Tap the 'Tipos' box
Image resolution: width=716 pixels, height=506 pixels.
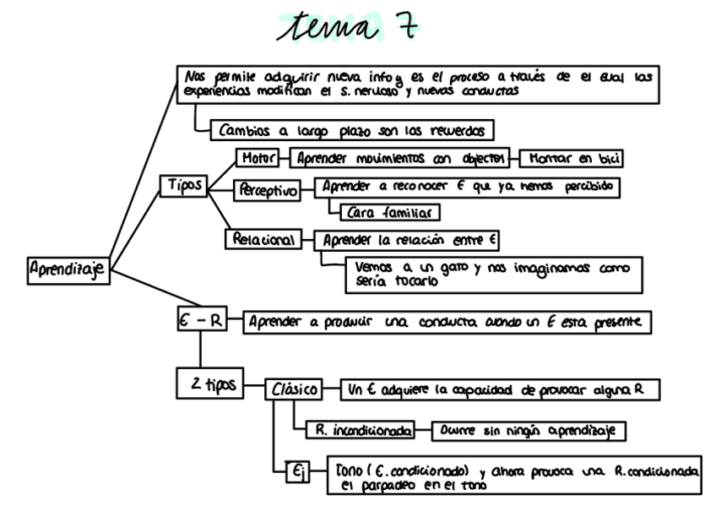click(x=183, y=186)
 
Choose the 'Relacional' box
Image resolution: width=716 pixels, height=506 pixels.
click(x=263, y=240)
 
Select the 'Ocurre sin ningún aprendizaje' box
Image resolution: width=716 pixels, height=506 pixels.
click(x=527, y=430)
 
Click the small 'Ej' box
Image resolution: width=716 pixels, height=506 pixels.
click(x=298, y=474)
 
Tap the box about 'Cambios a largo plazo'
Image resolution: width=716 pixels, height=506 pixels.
click(x=351, y=131)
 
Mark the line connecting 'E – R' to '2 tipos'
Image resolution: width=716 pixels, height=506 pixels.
click(x=200, y=350)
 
